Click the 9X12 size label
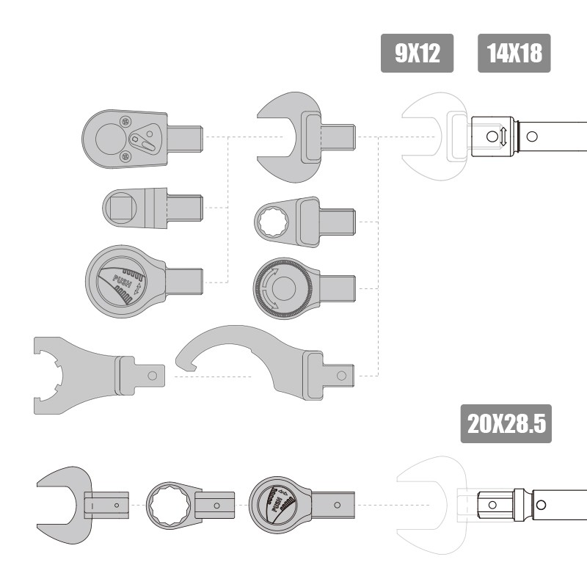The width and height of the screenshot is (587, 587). [x=417, y=53]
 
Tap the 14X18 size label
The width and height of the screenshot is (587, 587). [x=514, y=53]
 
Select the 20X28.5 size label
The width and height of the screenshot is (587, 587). [x=506, y=424]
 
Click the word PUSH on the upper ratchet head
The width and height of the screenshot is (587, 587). [x=122, y=280]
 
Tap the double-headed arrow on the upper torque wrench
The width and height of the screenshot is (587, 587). [x=503, y=136]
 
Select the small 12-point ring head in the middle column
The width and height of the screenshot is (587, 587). [x=304, y=222]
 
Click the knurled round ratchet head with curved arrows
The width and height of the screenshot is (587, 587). [x=304, y=288]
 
